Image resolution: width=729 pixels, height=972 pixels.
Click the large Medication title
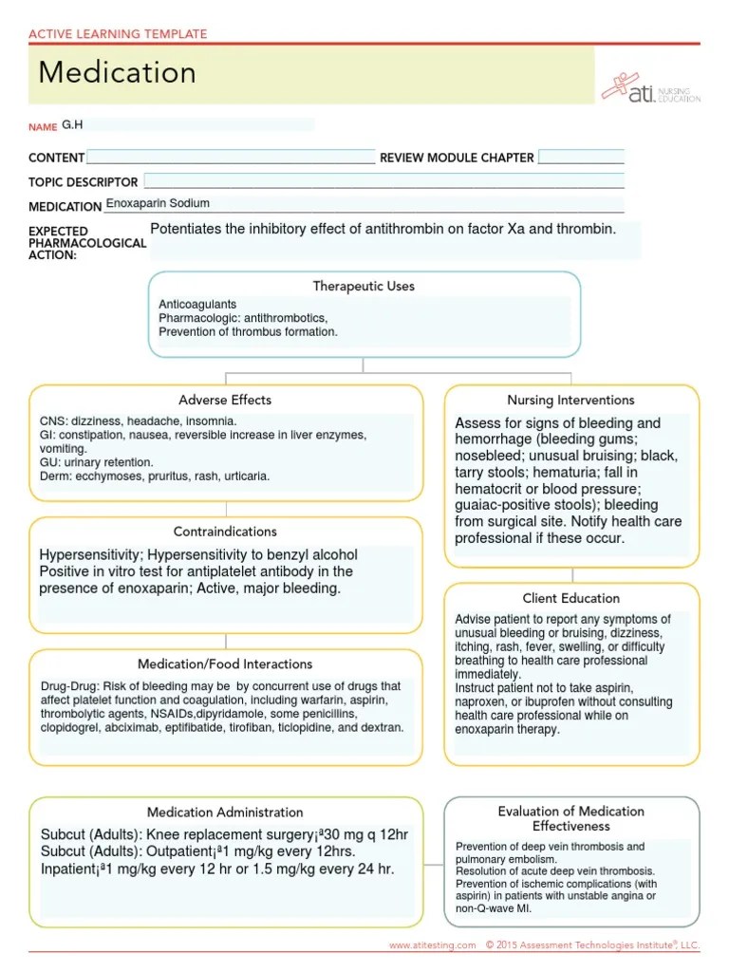(x=118, y=73)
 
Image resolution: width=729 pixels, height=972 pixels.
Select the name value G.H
(x=72, y=124)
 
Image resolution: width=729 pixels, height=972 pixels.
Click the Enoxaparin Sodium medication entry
(x=158, y=203)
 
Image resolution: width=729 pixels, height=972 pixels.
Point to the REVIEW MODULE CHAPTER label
(x=457, y=158)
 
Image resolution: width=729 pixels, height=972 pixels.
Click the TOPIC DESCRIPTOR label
(x=84, y=182)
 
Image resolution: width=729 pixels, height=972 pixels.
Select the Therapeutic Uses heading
(x=364, y=286)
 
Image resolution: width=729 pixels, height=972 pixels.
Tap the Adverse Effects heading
(x=225, y=400)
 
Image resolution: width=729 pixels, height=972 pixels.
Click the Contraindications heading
(x=225, y=532)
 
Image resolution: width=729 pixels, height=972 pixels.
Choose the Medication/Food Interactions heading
(x=225, y=664)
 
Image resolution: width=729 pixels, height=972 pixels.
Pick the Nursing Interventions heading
(x=571, y=400)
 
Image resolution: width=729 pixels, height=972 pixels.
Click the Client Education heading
(x=571, y=598)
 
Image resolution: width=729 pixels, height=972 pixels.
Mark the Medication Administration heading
(x=225, y=812)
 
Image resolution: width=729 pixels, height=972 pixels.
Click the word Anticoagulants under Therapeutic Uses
(x=197, y=304)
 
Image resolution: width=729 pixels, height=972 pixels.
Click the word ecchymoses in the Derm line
(x=106, y=477)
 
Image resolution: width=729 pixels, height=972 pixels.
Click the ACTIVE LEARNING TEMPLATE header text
(x=118, y=34)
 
